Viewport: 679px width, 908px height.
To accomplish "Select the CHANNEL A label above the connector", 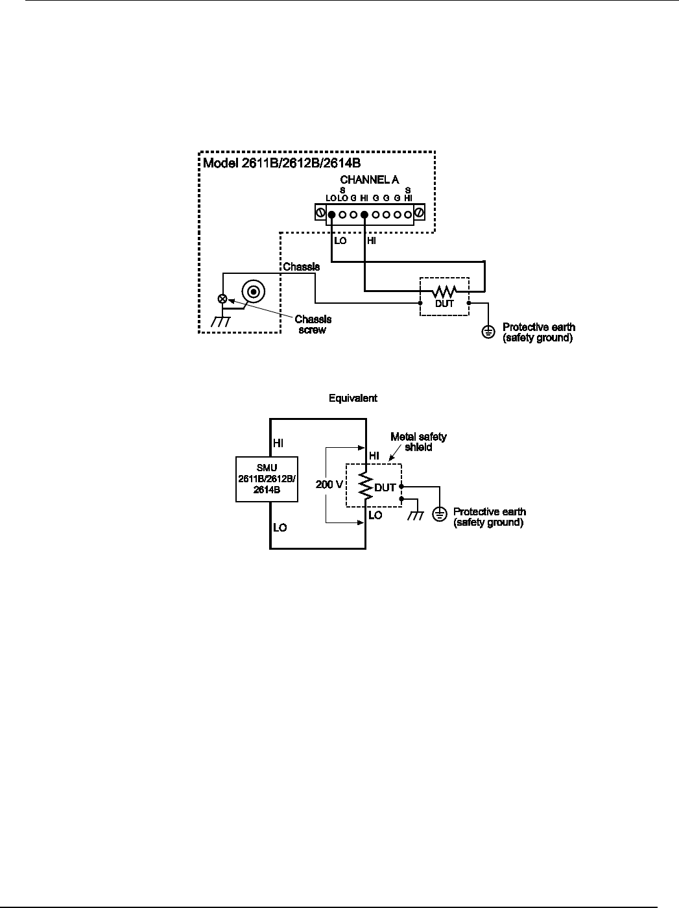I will click(369, 180).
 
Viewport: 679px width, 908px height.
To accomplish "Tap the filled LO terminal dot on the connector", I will click(331, 214).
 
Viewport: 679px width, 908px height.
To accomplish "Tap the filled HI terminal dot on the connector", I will click(364, 214).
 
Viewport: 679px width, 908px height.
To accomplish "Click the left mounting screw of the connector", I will click(320, 214).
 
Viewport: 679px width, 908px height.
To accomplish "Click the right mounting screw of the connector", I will click(419, 213).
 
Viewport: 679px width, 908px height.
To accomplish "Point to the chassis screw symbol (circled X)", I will click(223, 299).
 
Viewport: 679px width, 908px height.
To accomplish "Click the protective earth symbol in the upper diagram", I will click(488, 332).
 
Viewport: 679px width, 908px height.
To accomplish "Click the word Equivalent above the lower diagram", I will click(353, 398).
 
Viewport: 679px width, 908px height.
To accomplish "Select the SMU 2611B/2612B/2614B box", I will click(267, 480).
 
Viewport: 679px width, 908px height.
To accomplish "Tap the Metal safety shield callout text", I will click(418, 442).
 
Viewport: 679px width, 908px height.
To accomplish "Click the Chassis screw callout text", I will click(313, 325).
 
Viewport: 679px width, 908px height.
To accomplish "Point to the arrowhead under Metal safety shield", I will click(391, 459).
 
